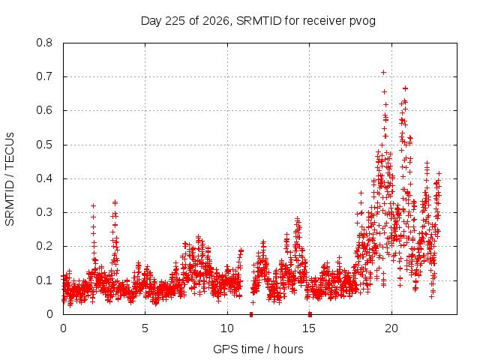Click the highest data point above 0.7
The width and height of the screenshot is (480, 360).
pos(383,73)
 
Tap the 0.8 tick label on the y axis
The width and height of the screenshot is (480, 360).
pos(44,43)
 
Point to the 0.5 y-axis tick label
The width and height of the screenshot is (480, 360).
pos(44,145)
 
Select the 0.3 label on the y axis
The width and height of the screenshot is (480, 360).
pos(44,212)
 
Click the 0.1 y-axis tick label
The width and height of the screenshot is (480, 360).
pos(44,280)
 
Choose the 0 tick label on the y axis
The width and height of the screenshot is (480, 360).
pos(49,314)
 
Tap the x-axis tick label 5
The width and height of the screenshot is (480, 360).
pos(145,328)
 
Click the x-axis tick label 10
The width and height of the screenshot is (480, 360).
pos(227,328)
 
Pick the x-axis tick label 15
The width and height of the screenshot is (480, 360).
pos(309,328)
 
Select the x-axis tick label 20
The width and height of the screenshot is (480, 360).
pos(391,328)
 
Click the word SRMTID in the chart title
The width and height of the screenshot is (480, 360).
pos(259,21)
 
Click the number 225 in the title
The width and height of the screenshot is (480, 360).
pos(175,21)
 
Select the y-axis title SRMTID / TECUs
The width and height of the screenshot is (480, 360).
pos(10,179)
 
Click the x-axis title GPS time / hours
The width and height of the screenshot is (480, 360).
pos(258,349)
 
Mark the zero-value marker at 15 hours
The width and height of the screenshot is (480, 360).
pos(310,314)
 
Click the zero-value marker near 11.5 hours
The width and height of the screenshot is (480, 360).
pos(251,314)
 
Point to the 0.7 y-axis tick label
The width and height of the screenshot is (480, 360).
pos(44,76)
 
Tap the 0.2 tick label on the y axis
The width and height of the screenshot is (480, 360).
pos(44,246)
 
